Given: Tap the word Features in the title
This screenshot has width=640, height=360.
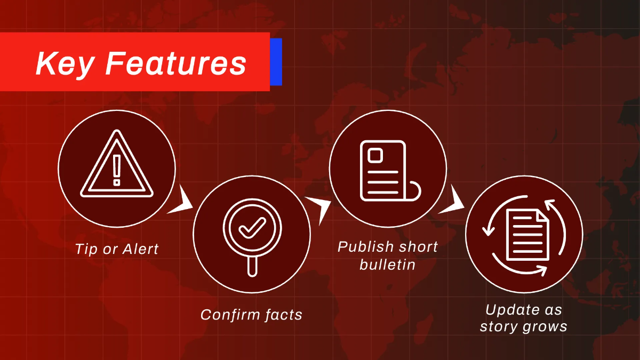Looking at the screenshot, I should click(x=176, y=63).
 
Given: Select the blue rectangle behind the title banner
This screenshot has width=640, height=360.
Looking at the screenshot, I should click(x=276, y=61).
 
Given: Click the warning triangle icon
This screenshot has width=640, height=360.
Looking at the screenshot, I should click(x=117, y=165).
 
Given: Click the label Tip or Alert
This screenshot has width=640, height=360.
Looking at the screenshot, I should click(x=117, y=249).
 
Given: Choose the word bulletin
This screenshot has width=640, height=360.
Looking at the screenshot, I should click(x=387, y=264).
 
